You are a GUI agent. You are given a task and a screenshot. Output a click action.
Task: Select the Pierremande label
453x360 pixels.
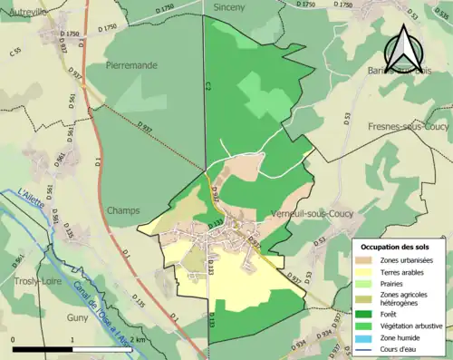point(132,65)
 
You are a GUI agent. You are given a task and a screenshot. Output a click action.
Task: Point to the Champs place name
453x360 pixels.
point(123,210)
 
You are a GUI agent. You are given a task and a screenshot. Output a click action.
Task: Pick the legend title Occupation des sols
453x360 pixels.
point(396,247)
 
